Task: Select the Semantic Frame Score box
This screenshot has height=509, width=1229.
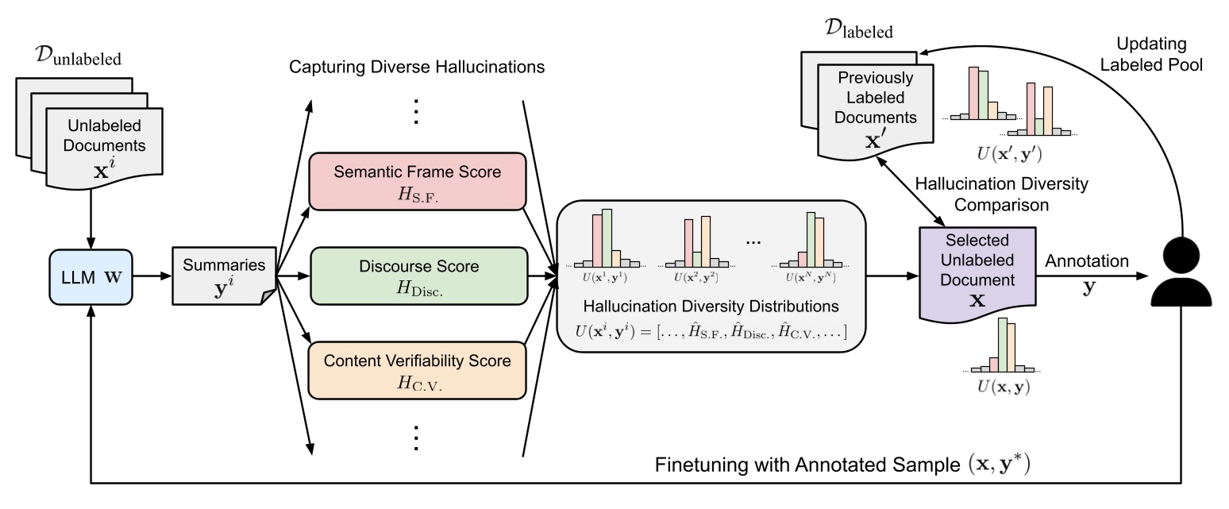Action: click(418, 182)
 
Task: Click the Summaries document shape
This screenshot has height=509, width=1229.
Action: click(223, 276)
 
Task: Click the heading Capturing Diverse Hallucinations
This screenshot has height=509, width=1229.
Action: click(418, 67)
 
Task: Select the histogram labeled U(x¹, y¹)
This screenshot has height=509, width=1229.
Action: click(606, 243)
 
